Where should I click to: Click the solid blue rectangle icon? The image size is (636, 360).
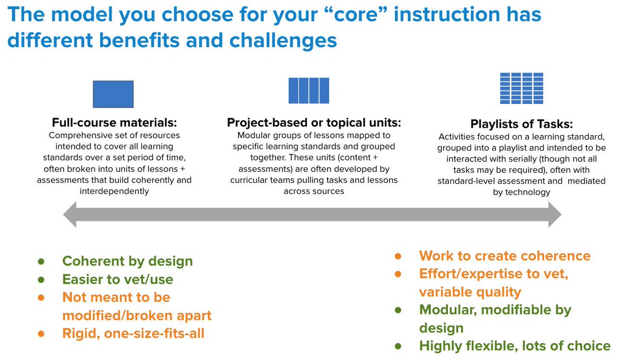(113, 94)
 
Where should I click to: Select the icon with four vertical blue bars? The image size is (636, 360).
(309, 90)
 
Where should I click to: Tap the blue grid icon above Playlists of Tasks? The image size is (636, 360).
(522, 89)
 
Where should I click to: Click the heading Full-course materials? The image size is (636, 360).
(114, 122)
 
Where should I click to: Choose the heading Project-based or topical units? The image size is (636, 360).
(314, 122)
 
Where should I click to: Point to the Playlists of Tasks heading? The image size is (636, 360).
(522, 124)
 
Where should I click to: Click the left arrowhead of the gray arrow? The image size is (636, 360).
(70, 215)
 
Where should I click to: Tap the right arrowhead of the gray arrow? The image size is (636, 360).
(555, 215)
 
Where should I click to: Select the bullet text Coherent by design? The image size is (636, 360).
(128, 261)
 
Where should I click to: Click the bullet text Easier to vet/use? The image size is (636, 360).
(118, 279)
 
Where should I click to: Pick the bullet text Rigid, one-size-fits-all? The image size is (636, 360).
(133, 333)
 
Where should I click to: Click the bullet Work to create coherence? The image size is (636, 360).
(505, 256)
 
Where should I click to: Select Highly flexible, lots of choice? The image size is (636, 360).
(515, 346)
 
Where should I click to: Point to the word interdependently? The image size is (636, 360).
(114, 191)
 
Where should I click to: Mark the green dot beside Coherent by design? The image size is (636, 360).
(41, 261)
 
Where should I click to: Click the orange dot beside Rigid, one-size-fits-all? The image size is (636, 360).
(41, 333)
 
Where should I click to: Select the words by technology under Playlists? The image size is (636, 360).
(522, 192)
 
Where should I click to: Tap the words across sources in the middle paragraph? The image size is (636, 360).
(314, 191)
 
